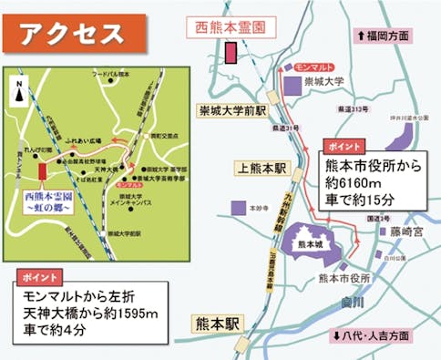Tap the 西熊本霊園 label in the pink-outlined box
[x=232, y=28]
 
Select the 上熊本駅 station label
[x=261, y=169]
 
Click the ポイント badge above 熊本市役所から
[x=344, y=147]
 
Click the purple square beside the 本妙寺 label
[x=238, y=208]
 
